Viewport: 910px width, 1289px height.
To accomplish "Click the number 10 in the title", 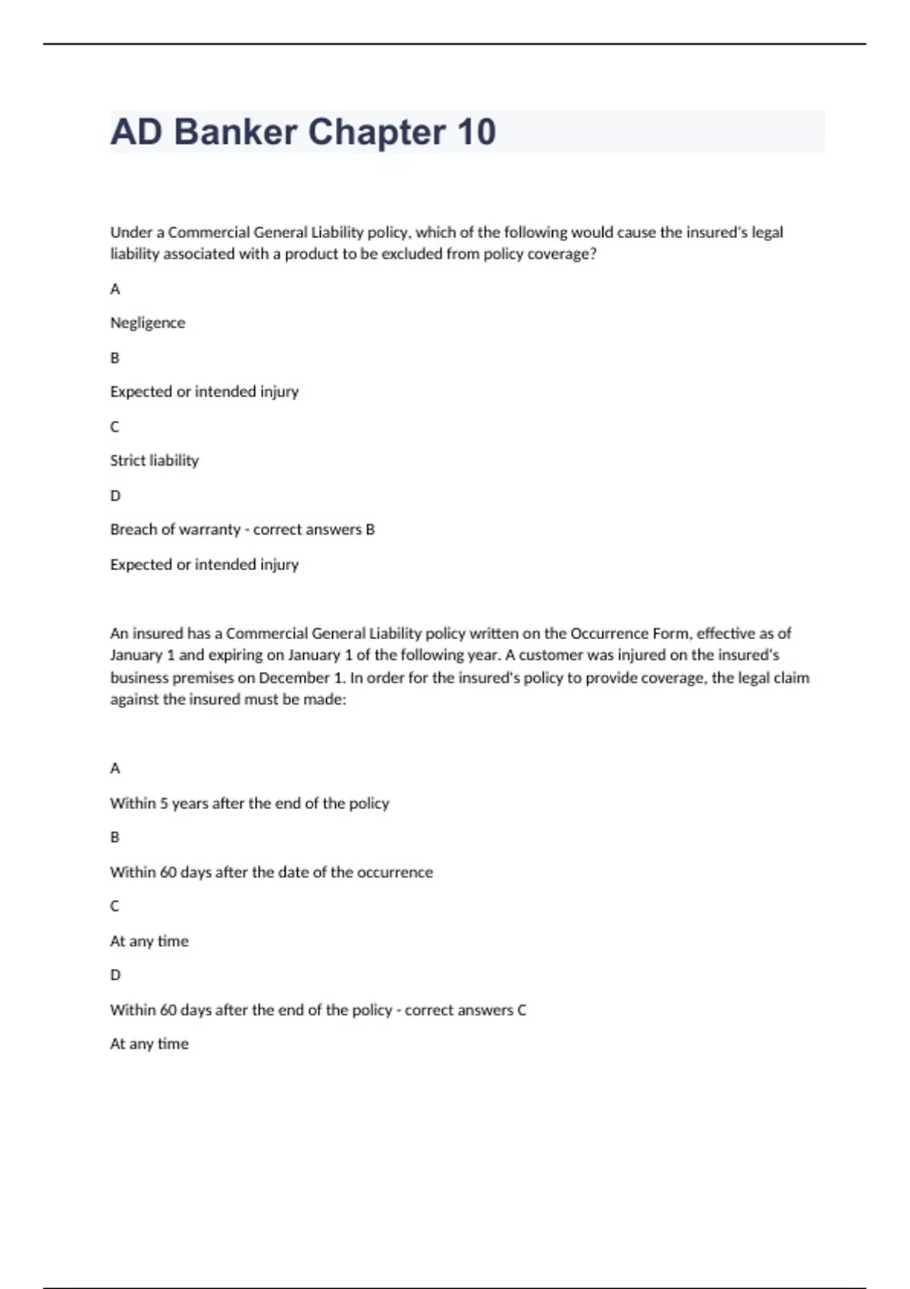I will pos(475,132).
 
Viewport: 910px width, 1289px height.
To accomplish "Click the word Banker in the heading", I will pos(235,132).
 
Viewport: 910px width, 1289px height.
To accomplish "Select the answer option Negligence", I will pos(147,323).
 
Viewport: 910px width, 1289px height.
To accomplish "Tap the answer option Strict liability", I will pos(154,460).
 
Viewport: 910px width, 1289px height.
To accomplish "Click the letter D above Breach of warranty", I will pos(115,496).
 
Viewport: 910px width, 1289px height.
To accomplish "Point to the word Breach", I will pos(132,529).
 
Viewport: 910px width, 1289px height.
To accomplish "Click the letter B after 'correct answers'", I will pos(370,529).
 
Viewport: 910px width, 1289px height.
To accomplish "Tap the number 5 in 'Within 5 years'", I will pos(164,803).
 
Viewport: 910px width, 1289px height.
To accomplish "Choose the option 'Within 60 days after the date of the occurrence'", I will pos(271,872).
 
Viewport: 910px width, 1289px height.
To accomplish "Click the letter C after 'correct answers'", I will pos(522,1010).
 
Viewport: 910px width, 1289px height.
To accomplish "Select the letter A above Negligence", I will pos(115,289).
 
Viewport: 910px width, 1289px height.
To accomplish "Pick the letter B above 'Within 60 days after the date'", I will pos(115,837).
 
